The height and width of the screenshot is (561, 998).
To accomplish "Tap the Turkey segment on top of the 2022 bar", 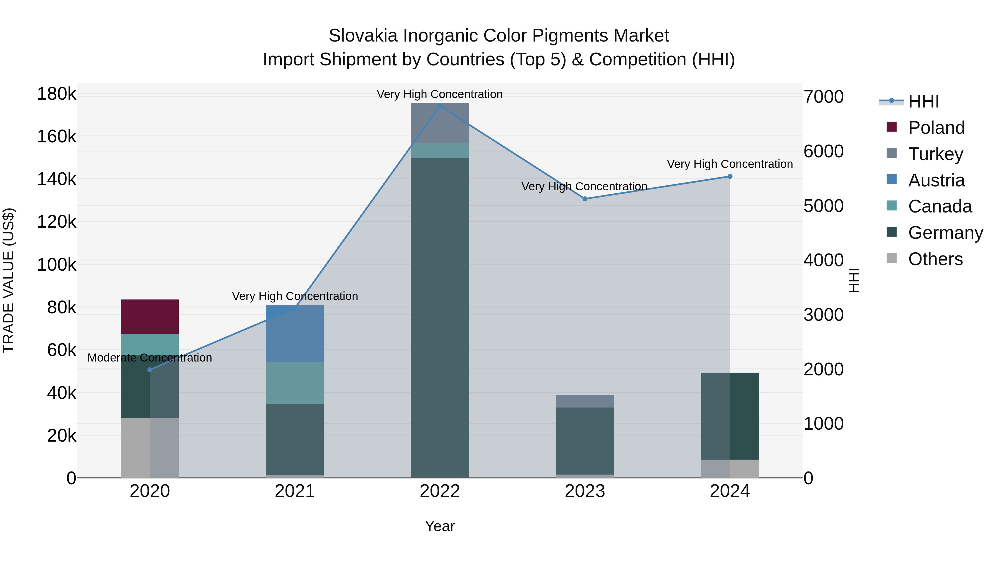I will (x=440, y=123).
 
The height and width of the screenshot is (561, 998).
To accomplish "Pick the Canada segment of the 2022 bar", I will (x=440, y=151).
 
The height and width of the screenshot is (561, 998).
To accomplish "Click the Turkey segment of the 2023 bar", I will (x=585, y=401).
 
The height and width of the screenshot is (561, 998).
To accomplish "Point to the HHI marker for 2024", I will (x=730, y=176).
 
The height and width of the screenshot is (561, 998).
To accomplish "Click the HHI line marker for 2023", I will (x=585, y=199).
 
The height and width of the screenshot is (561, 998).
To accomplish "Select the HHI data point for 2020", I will (x=150, y=370).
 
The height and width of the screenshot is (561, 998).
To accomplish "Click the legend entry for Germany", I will (x=945, y=233).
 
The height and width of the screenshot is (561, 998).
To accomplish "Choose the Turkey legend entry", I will (x=935, y=154).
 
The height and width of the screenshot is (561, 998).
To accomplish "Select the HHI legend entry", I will (x=924, y=101).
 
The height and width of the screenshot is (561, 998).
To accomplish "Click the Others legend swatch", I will (x=892, y=258).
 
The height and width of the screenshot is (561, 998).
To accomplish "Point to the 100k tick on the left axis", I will (x=57, y=265).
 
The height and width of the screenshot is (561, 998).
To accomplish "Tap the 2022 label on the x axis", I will (x=440, y=491).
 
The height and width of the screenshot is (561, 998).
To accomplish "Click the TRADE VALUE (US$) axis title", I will (x=9, y=280).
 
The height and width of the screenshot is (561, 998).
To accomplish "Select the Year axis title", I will (x=440, y=526).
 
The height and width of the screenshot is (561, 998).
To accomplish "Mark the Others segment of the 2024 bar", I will (x=730, y=468).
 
